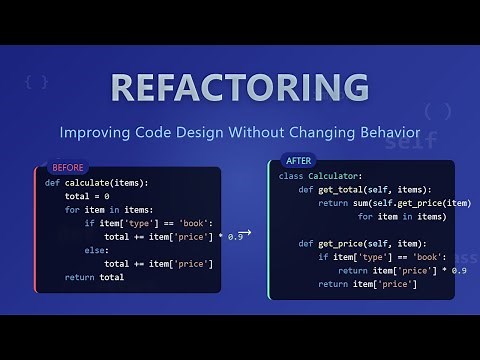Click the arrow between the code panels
tap(245, 233)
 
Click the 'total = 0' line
tap(88, 197)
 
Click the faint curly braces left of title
tap(37, 79)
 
